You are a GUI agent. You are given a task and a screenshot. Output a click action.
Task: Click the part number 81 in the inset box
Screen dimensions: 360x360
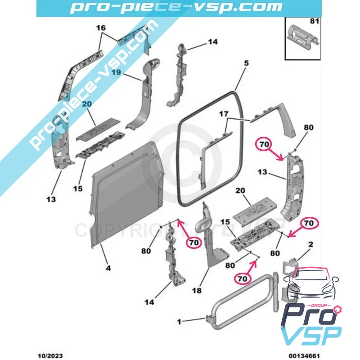[313, 21]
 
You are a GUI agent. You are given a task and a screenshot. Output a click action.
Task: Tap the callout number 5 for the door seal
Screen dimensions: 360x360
[246, 63]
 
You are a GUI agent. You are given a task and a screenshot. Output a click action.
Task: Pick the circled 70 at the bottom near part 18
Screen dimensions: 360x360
[243, 279]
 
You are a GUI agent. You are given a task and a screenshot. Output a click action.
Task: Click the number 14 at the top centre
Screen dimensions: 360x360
[212, 42]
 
